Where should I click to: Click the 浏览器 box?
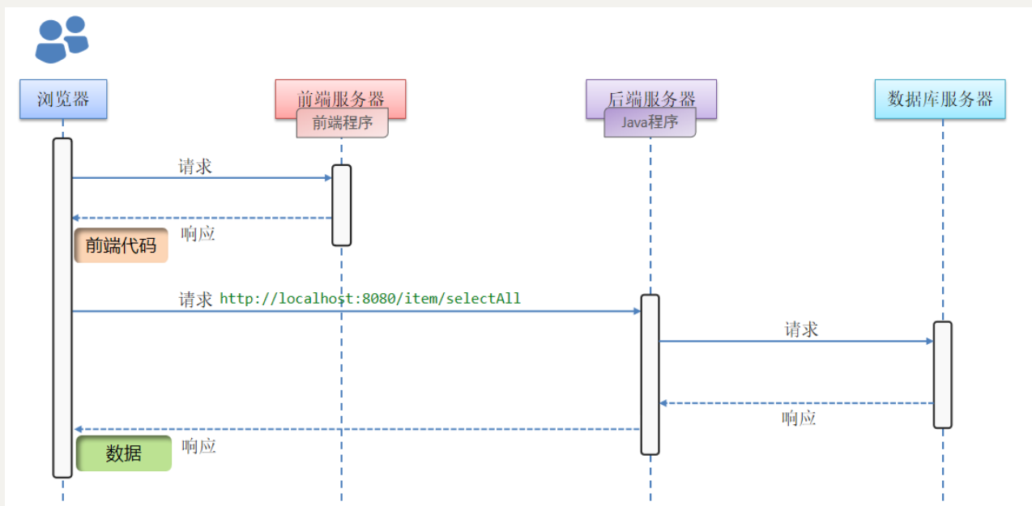click(63, 100)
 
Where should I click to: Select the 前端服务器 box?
click(340, 93)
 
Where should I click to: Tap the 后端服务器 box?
click(651, 92)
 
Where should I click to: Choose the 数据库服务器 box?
click(940, 99)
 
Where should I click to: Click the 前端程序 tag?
click(342, 124)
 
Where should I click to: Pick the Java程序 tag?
click(650, 123)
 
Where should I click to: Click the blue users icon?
click(61, 39)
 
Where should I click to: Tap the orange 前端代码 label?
click(121, 245)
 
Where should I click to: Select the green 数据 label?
click(124, 453)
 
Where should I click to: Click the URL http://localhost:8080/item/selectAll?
click(370, 299)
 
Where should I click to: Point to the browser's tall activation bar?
click(62, 308)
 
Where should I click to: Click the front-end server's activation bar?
click(342, 205)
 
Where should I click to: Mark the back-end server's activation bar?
click(650, 374)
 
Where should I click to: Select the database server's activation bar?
click(942, 374)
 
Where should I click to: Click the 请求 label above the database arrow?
click(801, 330)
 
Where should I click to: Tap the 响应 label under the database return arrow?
click(799, 419)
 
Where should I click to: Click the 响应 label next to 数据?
click(198, 446)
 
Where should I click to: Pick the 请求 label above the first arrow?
click(195, 167)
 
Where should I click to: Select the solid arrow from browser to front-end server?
click(203, 177)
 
